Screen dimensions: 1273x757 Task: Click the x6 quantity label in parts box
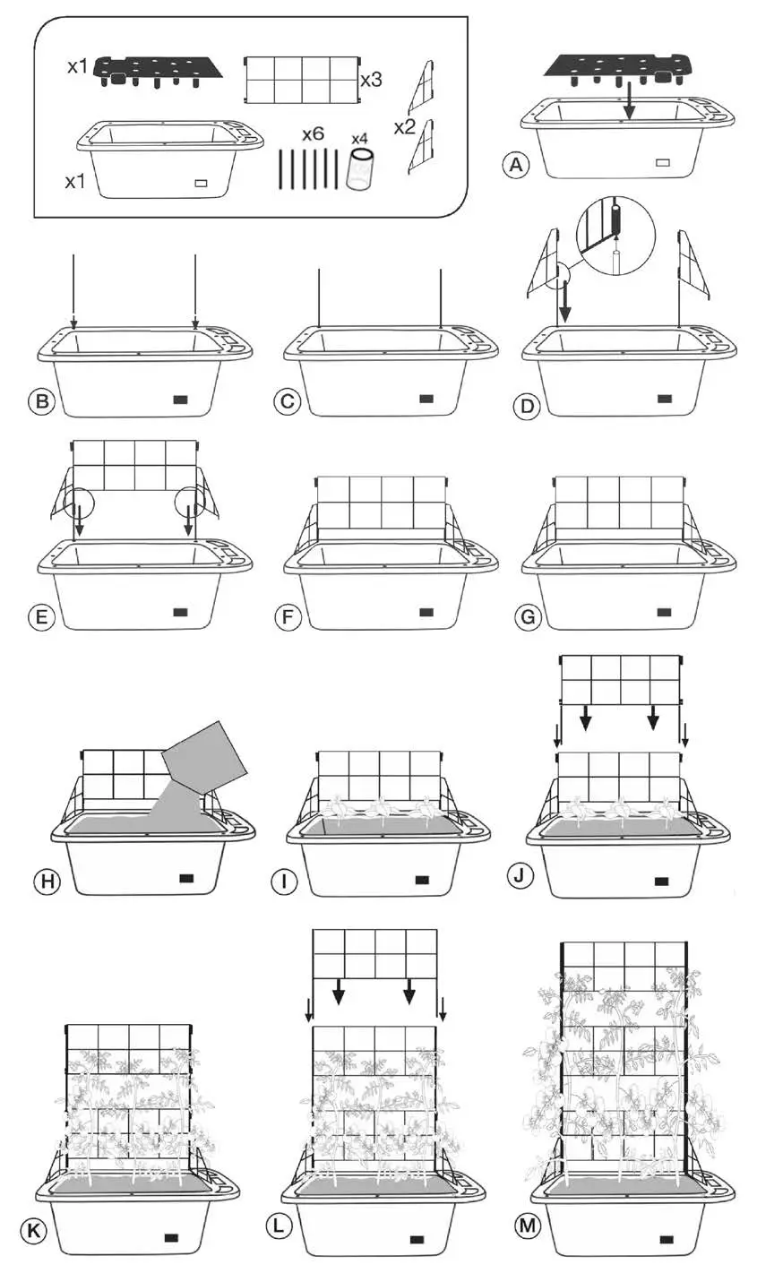click(313, 134)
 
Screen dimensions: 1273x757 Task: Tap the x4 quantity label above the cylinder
click(359, 139)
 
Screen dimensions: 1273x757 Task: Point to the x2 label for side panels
click(404, 127)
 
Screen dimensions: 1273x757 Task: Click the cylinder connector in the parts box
click(359, 168)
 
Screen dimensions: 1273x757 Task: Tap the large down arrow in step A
click(629, 99)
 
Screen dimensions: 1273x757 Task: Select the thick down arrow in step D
click(563, 305)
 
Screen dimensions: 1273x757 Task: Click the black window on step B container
click(179, 398)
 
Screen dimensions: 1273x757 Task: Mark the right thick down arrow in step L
click(409, 989)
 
